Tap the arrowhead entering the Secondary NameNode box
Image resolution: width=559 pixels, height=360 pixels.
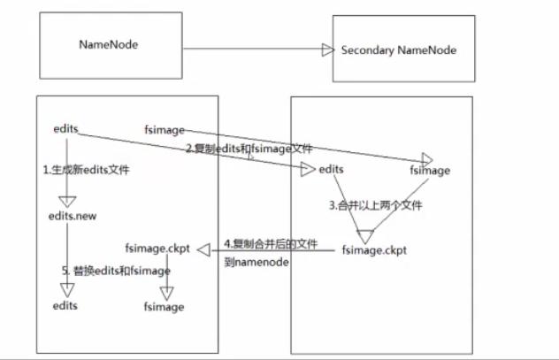328,50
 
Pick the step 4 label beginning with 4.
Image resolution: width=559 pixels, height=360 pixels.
272,243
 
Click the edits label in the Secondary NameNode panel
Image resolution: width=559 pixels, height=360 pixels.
332,168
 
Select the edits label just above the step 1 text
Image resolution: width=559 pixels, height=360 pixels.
66,128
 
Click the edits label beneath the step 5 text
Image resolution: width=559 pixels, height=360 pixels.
65,305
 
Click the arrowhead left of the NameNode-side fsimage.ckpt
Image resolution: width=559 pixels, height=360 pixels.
202,252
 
